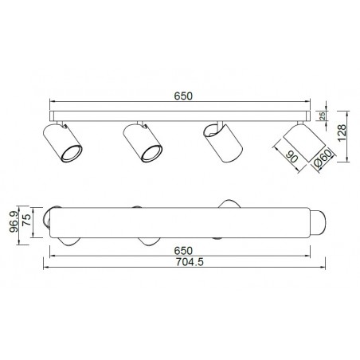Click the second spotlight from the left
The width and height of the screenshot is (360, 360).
click(x=142, y=143)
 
